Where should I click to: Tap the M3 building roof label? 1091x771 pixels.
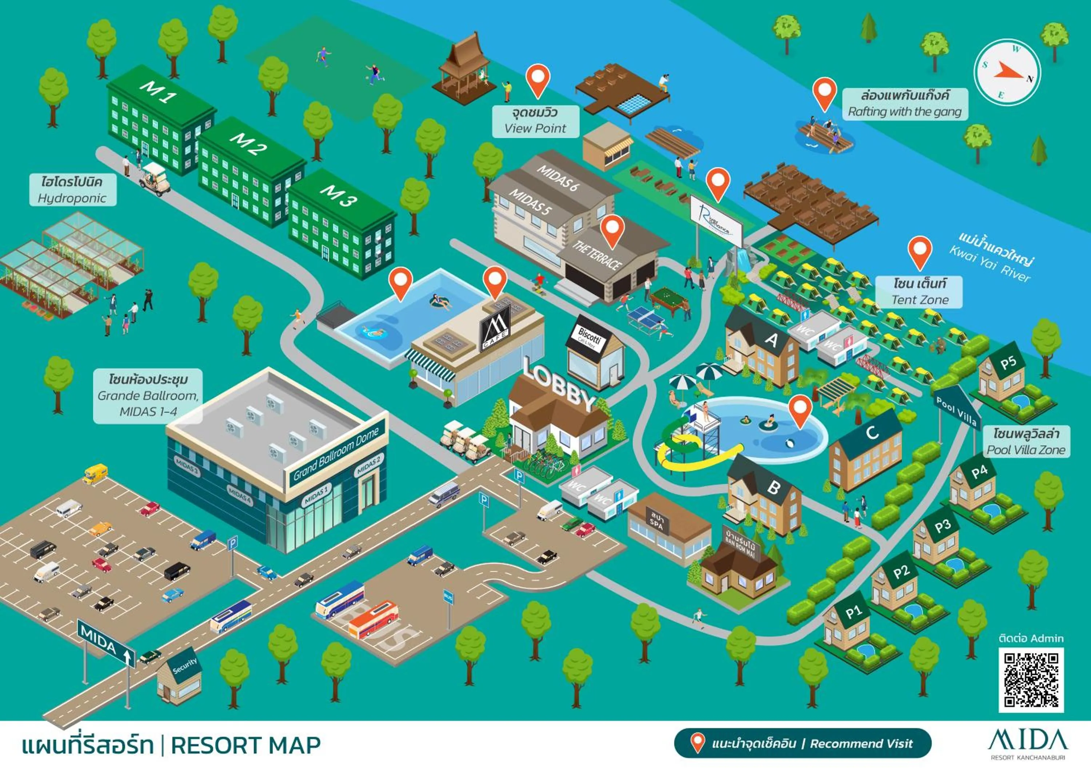(338, 195)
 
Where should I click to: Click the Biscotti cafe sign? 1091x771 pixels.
(589, 338)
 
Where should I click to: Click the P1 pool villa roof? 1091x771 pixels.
(854, 613)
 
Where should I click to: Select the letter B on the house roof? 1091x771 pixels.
(774, 487)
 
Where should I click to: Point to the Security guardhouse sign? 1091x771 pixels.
(184, 666)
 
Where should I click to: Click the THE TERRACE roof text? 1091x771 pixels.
(597, 255)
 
